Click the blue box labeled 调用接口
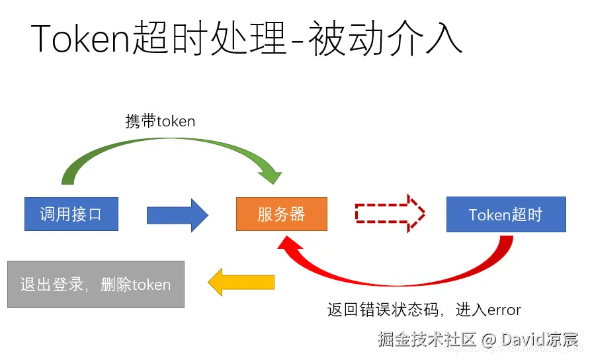point(71,214)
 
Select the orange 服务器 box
point(281,214)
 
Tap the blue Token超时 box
point(506,214)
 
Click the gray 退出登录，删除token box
point(95,285)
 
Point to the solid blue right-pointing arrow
point(177,214)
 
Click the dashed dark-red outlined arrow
point(390,213)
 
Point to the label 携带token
point(160,121)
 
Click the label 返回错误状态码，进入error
point(424,310)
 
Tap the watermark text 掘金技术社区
point(427,339)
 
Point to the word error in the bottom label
point(505,310)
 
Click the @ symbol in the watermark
point(488,339)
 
